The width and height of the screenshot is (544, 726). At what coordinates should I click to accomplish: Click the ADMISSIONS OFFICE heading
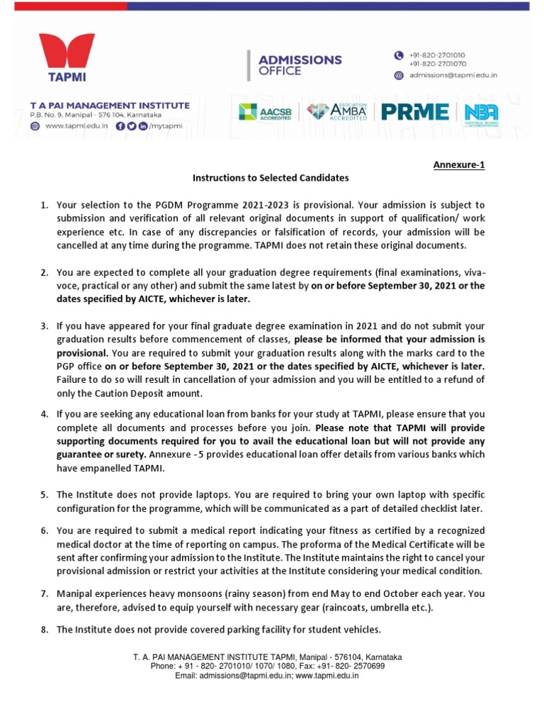click(300, 65)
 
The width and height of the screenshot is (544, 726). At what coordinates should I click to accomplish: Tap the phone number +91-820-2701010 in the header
click(442, 55)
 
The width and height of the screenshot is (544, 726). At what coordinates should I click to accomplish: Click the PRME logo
click(415, 112)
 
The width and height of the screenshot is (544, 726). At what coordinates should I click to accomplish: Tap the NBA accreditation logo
click(481, 112)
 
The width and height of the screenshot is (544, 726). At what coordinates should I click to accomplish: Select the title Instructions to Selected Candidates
click(271, 178)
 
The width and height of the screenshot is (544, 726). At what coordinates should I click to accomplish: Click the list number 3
click(43, 326)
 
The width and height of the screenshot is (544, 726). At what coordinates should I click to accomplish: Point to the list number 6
click(43, 530)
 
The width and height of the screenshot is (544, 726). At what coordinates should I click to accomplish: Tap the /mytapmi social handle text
click(166, 125)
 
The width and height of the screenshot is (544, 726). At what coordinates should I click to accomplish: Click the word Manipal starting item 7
click(76, 593)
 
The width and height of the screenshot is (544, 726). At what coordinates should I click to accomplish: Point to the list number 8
click(43, 630)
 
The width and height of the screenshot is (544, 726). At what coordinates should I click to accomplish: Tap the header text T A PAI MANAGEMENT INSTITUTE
click(110, 105)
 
